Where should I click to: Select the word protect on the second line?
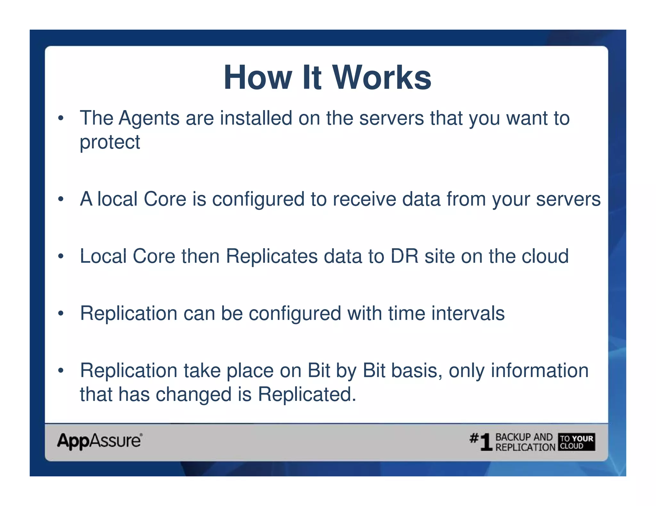coord(110,142)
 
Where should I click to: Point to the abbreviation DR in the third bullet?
coord(404,256)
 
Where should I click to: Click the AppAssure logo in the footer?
coord(100,441)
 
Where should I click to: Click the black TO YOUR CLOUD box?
coord(577,442)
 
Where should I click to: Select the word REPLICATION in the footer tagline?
coord(525,447)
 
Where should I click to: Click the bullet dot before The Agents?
coord(61,118)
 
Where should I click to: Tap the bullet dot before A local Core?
coord(61,199)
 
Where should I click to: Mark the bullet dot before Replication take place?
coord(61,371)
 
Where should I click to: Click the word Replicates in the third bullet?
coord(272,256)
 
